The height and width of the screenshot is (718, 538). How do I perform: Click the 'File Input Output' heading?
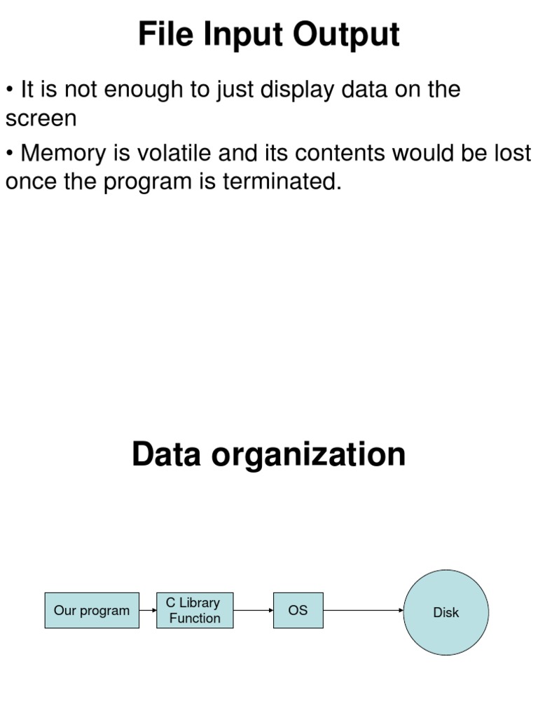coord(269,34)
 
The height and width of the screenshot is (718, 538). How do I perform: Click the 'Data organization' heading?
coord(268,454)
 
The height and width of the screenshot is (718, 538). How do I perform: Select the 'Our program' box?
coord(92,611)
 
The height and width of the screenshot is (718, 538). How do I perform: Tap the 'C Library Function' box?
coord(195,611)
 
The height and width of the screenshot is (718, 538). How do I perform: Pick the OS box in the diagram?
coord(298,610)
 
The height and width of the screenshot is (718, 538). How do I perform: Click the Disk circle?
coord(446,612)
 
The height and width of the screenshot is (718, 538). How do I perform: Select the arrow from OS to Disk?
coord(363,610)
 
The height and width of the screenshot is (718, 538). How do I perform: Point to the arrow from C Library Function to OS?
coord(253,610)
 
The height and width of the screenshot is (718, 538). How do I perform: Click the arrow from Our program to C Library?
coord(147,610)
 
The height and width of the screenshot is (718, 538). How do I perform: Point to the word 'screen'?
coord(41,118)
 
